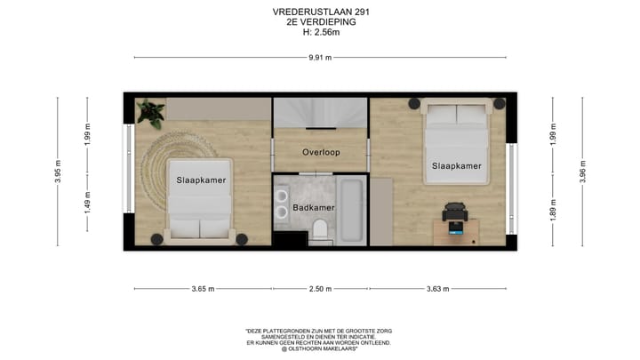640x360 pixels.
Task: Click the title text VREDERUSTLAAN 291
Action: click(x=321, y=12)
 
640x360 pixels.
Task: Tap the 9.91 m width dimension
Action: click(x=320, y=58)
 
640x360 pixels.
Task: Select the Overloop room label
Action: click(x=321, y=152)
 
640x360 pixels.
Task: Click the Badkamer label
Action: click(x=313, y=208)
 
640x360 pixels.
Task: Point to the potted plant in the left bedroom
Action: click(x=150, y=113)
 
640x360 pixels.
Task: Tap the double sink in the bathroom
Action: click(x=281, y=208)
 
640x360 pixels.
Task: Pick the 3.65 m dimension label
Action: click(x=203, y=289)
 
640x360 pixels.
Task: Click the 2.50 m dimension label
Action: click(x=320, y=289)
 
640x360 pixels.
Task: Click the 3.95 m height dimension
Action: click(x=58, y=171)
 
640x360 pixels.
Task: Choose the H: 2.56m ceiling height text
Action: click(x=321, y=33)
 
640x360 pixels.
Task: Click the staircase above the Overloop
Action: click(x=320, y=113)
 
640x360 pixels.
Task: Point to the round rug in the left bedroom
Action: click(x=169, y=160)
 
